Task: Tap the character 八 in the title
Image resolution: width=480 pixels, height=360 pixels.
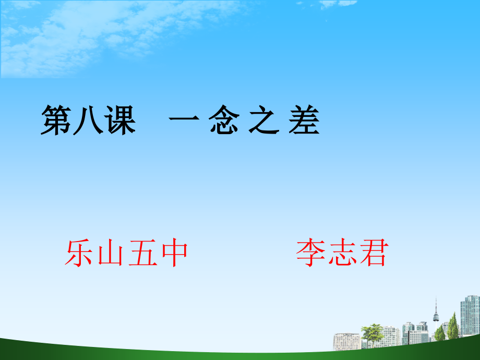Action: [x=88, y=121]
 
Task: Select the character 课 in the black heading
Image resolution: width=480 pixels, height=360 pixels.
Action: [x=120, y=121]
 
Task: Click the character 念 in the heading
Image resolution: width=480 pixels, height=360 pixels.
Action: [x=225, y=121]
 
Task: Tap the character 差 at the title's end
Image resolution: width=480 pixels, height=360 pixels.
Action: [x=303, y=121]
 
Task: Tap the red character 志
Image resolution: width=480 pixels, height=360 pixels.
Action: [x=342, y=254]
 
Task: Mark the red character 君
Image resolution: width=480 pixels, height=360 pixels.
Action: [x=372, y=254]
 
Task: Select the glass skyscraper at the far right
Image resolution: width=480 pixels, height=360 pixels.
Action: [x=470, y=316]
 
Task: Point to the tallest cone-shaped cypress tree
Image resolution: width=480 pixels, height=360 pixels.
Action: [x=453, y=326]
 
